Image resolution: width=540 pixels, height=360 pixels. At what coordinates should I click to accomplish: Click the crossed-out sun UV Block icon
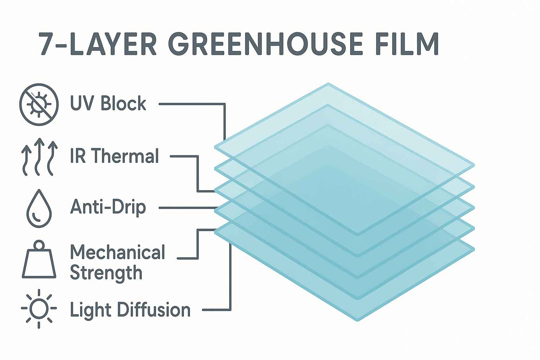coord(39,104)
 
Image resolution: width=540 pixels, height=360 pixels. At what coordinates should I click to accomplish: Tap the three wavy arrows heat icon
coord(39,157)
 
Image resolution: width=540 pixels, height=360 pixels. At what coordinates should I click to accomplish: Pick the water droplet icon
coord(39,208)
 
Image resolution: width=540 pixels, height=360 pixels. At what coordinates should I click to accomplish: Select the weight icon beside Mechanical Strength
coord(39,259)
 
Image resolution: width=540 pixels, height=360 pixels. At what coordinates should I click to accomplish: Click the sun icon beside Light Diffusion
coord(39,308)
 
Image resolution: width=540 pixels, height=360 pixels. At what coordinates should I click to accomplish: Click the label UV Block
coord(108,103)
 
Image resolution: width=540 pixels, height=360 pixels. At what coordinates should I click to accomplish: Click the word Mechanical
coord(118,252)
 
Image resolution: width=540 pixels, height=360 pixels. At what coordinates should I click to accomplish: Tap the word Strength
coord(106,273)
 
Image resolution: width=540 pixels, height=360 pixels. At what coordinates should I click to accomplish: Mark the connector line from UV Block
coord(225,104)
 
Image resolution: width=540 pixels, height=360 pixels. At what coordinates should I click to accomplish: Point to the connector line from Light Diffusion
coord(230,310)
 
